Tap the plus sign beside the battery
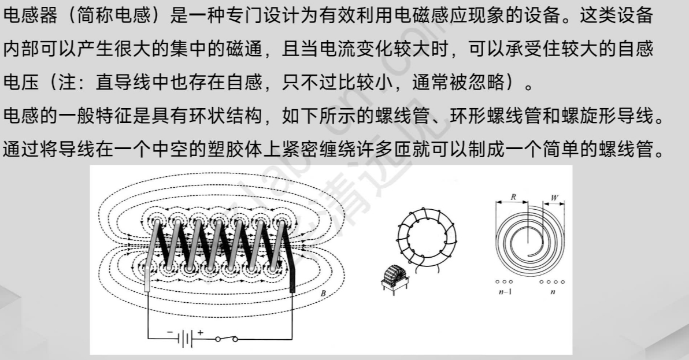pyautogui.click(x=201, y=332)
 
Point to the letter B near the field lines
pyautogui.click(x=323, y=294)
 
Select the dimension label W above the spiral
pyautogui.click(x=554, y=197)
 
